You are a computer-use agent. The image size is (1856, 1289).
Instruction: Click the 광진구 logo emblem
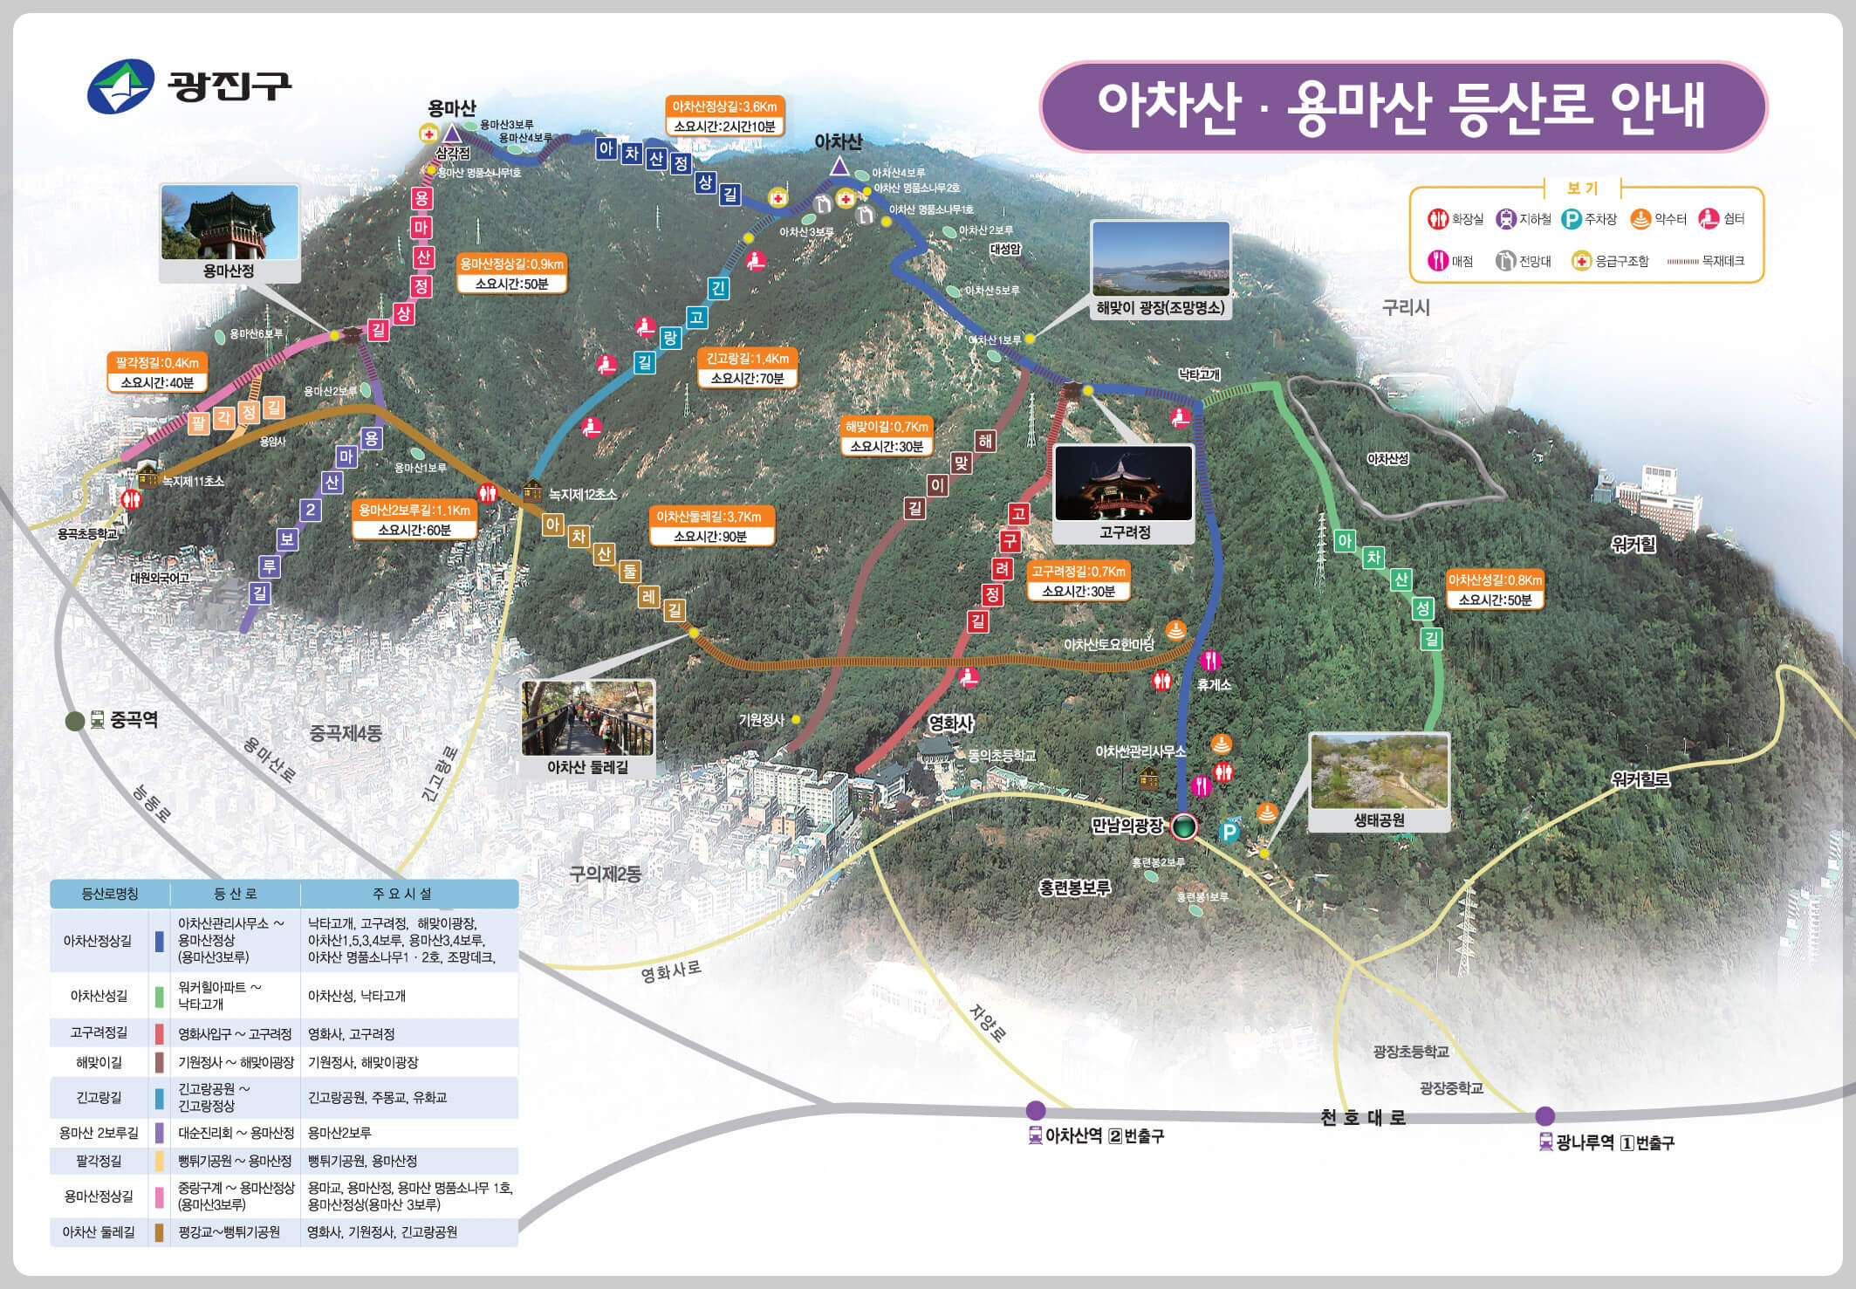pyautogui.click(x=120, y=86)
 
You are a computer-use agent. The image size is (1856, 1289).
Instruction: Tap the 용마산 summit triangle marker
pyautogui.click(x=452, y=134)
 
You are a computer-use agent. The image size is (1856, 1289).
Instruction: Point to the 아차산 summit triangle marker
pyautogui.click(x=839, y=166)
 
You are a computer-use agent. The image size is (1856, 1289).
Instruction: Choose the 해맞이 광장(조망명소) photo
pyautogui.click(x=1161, y=259)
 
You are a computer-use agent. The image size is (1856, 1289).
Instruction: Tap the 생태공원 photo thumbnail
pyautogui.click(x=1379, y=771)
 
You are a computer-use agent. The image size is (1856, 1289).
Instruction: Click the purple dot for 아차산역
pyautogui.click(x=1036, y=1110)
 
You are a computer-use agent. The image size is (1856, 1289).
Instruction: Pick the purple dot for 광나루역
pyautogui.click(x=1544, y=1115)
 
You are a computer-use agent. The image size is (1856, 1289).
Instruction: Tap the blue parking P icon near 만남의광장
pyautogui.click(x=1229, y=831)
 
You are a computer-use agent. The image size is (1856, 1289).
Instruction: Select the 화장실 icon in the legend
pyautogui.click(x=1437, y=219)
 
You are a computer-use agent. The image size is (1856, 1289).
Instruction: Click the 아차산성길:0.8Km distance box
pyautogui.click(x=1495, y=590)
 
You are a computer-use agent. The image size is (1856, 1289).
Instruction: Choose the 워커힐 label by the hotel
pyautogui.click(x=1633, y=545)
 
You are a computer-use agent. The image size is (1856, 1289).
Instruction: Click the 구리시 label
pyautogui.click(x=1406, y=307)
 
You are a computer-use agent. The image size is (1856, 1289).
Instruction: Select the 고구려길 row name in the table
pyautogui.click(x=99, y=1033)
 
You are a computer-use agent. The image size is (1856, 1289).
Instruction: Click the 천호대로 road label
pyautogui.click(x=1362, y=1118)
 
